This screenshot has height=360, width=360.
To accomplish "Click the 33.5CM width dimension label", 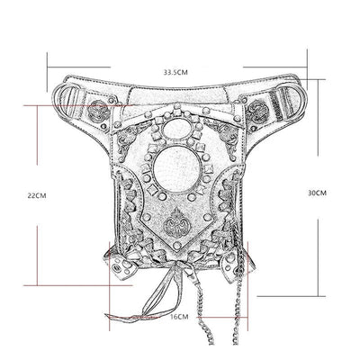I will pos(175,70).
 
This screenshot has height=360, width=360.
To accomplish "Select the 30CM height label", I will pos(318,193).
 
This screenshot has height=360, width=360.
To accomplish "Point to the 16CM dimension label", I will pos(179,317).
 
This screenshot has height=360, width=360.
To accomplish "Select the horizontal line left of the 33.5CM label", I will pos(99,67).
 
